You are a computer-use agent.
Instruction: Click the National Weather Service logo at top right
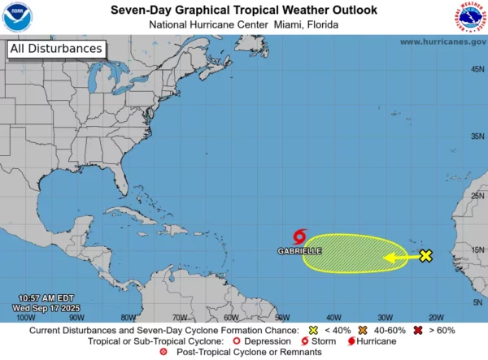pos(470,16)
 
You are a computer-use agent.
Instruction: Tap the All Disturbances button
pos(57,49)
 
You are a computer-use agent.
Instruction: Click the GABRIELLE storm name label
pos(299,251)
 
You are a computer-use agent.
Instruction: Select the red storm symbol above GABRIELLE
pos(298,237)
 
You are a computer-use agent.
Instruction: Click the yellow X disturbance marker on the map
pos(425,256)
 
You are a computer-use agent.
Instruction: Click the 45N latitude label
pos(477,69)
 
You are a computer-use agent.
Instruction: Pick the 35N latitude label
pos(477,137)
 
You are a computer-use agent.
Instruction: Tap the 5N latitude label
pos(477,301)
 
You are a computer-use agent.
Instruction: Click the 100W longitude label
pos(25,318)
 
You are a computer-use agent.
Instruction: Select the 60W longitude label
pos(231,318)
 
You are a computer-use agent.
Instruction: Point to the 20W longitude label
pos(436,318)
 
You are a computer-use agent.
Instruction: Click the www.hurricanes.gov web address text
pos(442,41)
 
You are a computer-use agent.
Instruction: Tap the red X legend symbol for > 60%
pos(418,330)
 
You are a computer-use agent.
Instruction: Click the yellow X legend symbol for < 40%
pos(313,330)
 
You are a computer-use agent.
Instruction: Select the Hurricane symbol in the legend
pos(351,341)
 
